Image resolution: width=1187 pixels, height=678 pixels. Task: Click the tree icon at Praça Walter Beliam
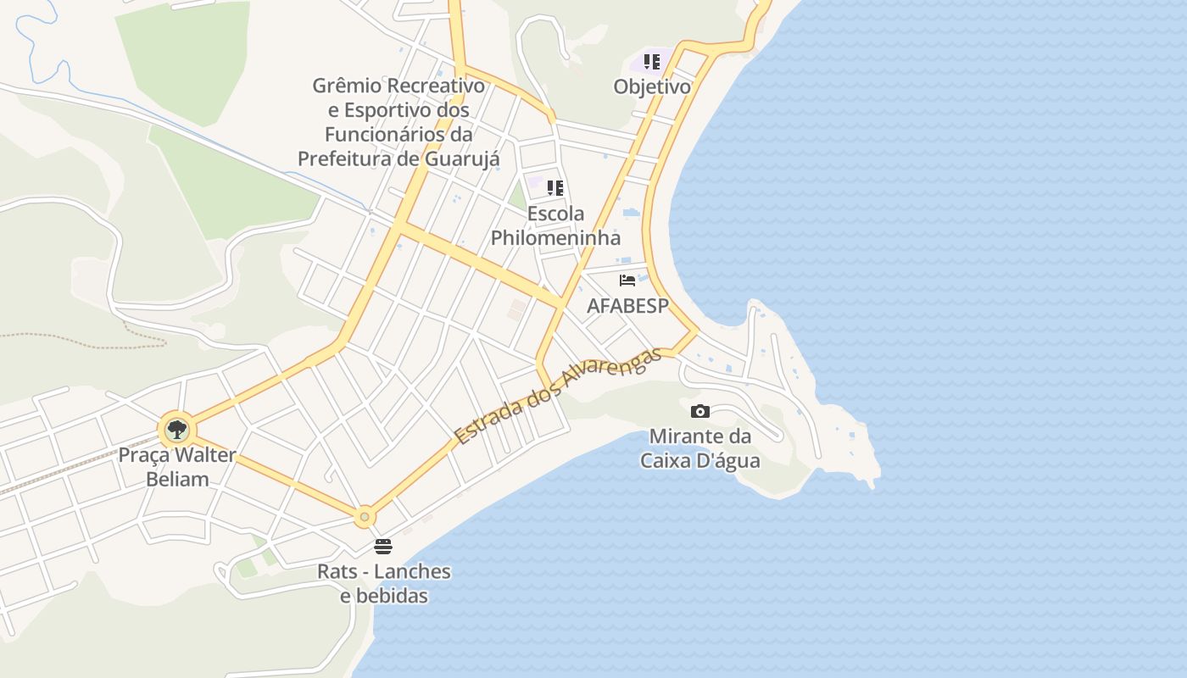[x=176, y=431]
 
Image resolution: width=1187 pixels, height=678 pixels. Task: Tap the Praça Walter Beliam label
[x=177, y=467]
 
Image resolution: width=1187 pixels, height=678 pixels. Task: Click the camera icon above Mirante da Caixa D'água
[x=700, y=412]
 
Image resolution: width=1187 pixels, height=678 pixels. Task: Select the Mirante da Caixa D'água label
[x=700, y=449]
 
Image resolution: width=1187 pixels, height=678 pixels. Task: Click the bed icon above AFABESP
[x=627, y=281]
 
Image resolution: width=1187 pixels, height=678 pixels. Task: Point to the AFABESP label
[x=627, y=306]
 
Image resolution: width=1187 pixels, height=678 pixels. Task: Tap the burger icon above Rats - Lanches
[x=383, y=547]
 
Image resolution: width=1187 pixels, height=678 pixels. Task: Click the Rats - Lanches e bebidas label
[x=384, y=583]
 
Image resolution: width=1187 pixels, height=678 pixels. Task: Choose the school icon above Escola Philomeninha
[x=555, y=188]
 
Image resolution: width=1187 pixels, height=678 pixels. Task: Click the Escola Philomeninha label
[x=555, y=225]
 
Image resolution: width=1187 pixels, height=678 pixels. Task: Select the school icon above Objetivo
[x=651, y=62]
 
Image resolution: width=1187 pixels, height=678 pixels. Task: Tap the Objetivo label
[x=651, y=86]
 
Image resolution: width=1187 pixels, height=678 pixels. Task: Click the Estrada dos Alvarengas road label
[x=556, y=397]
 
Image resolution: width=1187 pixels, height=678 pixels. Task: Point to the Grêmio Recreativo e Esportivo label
[x=398, y=122]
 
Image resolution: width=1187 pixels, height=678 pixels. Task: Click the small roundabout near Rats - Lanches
[x=365, y=515]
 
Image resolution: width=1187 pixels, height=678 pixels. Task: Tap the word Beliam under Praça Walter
[x=177, y=479]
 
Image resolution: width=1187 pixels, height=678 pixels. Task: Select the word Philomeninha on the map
[x=555, y=237]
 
